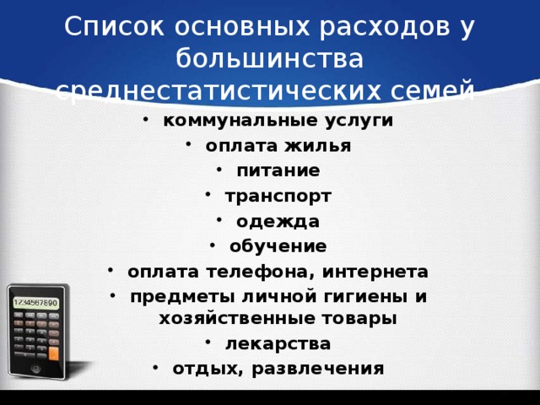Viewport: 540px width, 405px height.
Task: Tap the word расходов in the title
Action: coord(386,28)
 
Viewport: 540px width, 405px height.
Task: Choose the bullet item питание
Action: coord(278,170)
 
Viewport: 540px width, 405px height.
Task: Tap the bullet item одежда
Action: coord(278,221)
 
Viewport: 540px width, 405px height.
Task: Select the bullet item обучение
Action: coord(278,246)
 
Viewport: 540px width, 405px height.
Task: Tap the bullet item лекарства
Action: coord(278,343)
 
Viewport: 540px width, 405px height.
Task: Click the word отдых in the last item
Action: coord(203,369)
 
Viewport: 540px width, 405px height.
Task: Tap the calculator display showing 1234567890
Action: coord(35,302)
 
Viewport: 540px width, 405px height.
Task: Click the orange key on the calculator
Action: coord(54,353)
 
